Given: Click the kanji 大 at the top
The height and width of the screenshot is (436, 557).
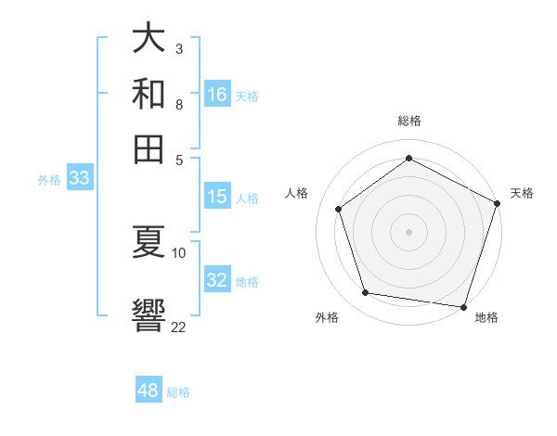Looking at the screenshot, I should pos(149,39).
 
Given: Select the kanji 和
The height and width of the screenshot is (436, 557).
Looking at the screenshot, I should pos(149,94).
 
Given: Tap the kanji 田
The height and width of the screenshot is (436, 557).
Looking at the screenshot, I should pos(149,148).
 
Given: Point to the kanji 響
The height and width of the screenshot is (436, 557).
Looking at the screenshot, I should pos(149,313).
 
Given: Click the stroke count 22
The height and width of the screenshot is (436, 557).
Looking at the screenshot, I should pos(178,327).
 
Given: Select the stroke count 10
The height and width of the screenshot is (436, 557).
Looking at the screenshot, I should pos(179,252).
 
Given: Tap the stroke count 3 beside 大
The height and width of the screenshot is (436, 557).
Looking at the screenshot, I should pos(178,47).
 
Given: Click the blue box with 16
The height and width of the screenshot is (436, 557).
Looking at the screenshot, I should pos(217,95).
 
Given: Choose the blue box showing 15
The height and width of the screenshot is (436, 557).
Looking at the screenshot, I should pos(216,197).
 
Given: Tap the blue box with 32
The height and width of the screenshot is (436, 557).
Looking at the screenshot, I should pos(217,281).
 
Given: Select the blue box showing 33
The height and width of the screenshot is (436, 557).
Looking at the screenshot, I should pos(79,179).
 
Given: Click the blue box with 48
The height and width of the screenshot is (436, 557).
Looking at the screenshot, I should pos(148,391).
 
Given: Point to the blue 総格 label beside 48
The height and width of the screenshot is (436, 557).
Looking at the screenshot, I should pos(178,392).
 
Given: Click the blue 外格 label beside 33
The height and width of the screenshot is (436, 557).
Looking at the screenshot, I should pos(48,181).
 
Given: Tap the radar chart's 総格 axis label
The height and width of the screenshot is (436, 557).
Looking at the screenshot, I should pos(408,121).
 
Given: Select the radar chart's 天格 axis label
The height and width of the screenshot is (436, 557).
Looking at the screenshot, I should pos(522,193).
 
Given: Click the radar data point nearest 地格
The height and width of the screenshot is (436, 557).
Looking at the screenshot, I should pos(464,306).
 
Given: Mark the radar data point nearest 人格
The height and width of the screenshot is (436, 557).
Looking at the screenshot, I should pos(339,209).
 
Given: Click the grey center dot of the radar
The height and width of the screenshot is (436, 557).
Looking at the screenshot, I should pos(408,231).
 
